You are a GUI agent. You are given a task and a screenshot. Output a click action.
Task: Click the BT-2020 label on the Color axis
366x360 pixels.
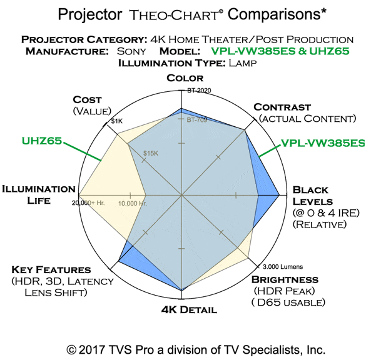199,90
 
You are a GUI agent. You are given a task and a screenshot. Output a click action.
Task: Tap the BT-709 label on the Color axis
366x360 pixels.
197,120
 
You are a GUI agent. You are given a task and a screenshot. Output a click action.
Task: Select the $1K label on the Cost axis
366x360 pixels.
116,121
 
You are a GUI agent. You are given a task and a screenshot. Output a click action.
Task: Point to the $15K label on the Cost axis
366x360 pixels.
151,153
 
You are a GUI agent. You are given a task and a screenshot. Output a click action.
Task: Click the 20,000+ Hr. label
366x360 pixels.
88,203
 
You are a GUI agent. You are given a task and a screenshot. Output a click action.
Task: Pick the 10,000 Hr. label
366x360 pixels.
133,204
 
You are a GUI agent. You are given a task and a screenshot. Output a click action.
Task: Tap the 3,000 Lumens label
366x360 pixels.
283,267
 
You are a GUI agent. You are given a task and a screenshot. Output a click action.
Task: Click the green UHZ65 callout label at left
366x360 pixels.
42,141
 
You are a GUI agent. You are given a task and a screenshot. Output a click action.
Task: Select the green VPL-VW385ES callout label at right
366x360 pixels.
323,143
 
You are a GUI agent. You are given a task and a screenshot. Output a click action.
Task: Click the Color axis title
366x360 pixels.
185,78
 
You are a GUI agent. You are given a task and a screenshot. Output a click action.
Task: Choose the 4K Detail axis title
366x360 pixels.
189,310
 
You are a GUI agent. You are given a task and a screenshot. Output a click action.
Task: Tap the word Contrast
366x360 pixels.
282,107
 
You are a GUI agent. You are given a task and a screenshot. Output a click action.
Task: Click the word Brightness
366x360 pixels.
285,279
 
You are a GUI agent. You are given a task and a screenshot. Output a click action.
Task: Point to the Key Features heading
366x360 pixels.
51,270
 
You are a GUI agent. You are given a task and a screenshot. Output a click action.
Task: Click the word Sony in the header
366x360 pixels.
131,51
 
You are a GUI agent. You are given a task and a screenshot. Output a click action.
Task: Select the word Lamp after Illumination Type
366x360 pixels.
243,63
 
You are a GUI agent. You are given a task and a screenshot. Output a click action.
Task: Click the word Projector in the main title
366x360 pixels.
90,14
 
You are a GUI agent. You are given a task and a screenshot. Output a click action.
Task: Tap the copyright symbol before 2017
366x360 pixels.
71,350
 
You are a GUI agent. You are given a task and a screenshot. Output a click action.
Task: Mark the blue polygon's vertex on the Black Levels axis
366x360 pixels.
280,195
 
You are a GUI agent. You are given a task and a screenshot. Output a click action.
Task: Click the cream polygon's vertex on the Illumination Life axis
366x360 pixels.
79,195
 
